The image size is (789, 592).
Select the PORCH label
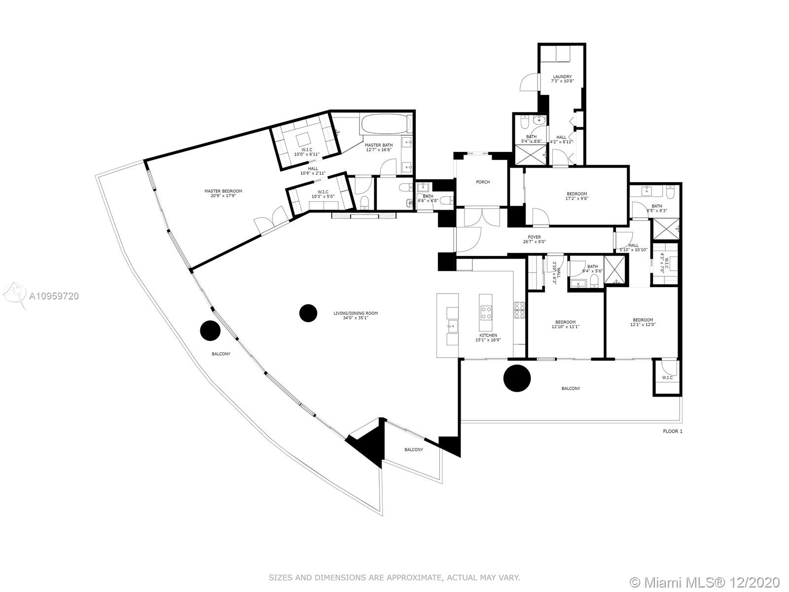[483, 182]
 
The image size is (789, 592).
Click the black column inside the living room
[308, 313]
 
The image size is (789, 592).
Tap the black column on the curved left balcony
[210, 330]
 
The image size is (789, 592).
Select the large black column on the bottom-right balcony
[517, 378]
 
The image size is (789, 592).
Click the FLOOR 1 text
[673, 431]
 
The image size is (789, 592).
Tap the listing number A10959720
[54, 296]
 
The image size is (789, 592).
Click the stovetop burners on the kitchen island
[486, 313]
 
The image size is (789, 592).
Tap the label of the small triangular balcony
[414, 449]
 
